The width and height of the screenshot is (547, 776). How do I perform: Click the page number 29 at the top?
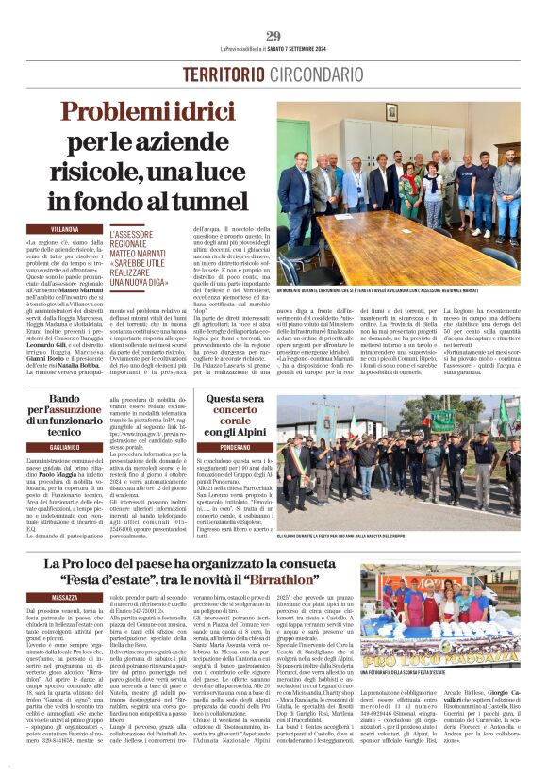tap(273, 36)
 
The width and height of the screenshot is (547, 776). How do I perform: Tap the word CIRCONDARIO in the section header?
tap(310, 74)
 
